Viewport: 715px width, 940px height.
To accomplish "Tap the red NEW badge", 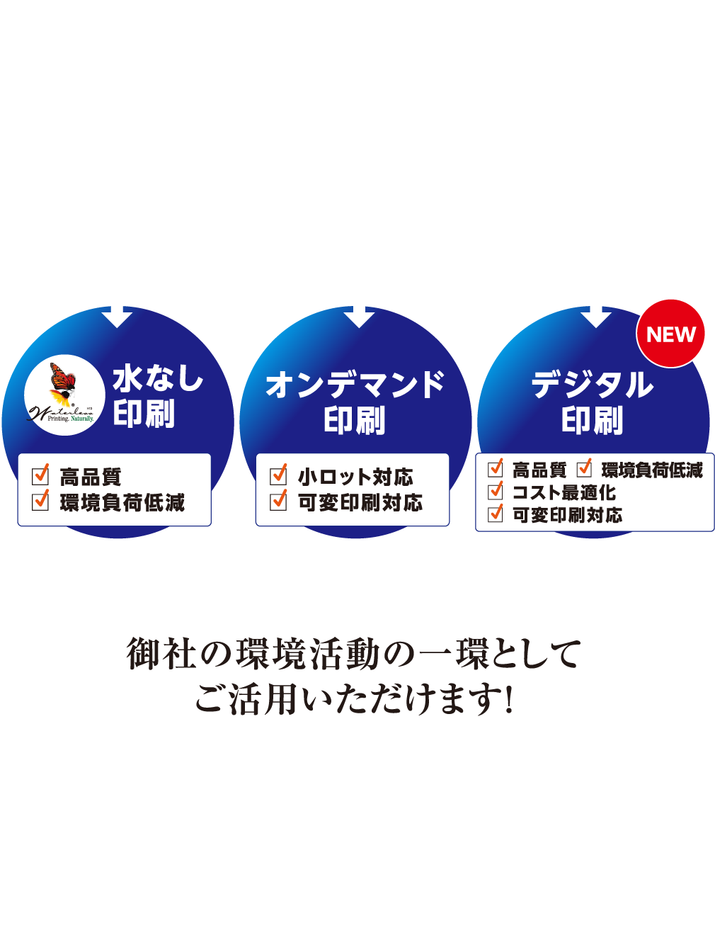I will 671,334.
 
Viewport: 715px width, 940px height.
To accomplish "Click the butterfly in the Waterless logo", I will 62,383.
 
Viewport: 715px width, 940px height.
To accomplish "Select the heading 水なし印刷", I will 158,397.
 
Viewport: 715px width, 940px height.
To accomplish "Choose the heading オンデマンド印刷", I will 355,402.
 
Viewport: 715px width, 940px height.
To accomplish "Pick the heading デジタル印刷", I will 593,402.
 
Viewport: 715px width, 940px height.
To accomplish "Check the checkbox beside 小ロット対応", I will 279,475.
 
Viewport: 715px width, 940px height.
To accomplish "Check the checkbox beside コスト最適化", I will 496,491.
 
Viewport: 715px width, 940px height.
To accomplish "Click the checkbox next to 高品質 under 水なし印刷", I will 41,475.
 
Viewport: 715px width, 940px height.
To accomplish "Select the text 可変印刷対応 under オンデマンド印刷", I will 360,503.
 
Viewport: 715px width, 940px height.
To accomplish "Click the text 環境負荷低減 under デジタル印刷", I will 652,470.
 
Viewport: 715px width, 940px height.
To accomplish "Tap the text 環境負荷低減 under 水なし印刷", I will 122,503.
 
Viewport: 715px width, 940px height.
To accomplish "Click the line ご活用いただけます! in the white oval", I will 354,699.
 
